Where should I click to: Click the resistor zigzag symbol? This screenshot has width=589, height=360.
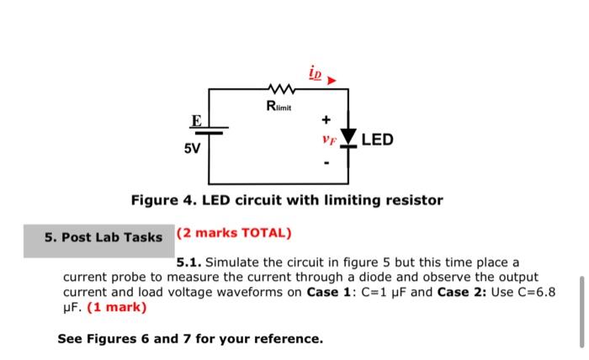(x=279, y=87)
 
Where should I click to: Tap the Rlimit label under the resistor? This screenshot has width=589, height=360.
(x=279, y=105)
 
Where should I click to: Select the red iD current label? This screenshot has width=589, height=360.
(x=315, y=75)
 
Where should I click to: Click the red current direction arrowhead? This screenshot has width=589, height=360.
(x=332, y=80)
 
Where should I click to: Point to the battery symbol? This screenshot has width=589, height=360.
(x=210, y=131)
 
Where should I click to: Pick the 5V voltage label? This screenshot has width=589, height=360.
(x=192, y=149)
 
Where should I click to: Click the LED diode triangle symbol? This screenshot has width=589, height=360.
(x=348, y=138)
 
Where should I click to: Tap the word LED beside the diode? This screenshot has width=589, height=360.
(x=377, y=139)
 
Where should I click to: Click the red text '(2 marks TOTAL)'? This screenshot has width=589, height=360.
(x=233, y=232)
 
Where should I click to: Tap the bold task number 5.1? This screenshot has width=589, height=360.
(x=188, y=262)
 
